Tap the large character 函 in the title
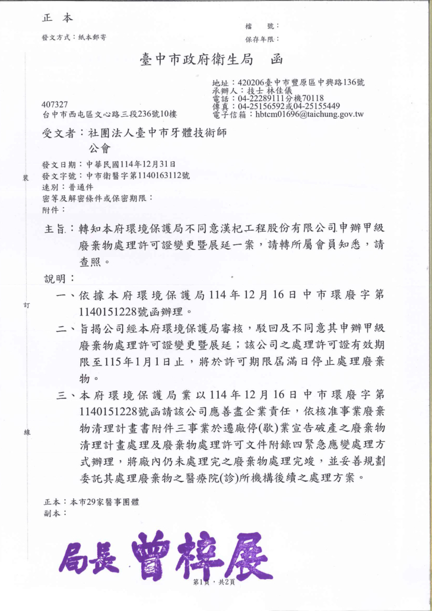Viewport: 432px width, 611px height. click(277, 60)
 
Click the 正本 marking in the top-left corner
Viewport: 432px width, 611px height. click(58, 18)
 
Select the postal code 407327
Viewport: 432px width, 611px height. click(55, 104)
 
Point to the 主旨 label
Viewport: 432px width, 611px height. click(57, 228)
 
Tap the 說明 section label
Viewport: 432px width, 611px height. click(57, 278)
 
